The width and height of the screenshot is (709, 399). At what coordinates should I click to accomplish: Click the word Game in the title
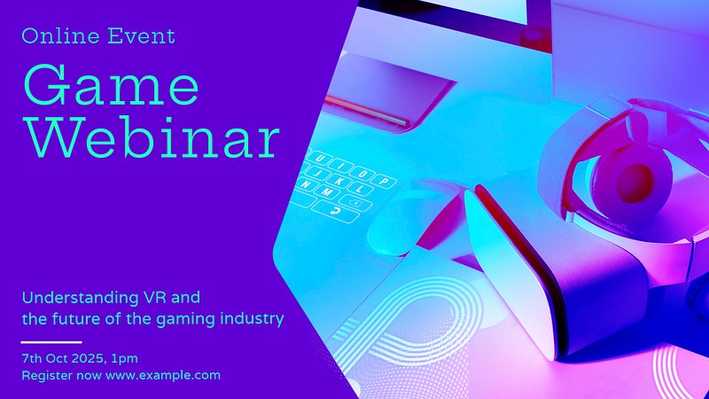(x=111, y=84)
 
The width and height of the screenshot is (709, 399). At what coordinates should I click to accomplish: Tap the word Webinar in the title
(x=152, y=136)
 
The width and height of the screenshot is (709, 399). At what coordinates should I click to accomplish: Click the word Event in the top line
(x=141, y=36)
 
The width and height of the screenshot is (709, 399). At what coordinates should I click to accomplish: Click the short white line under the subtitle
(x=51, y=342)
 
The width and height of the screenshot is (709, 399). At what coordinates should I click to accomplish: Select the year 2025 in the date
(x=88, y=358)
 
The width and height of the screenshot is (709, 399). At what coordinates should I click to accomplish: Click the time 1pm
(x=124, y=359)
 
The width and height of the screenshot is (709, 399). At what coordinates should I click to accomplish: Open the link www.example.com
(x=163, y=375)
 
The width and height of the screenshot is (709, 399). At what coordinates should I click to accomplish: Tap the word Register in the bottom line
(x=47, y=375)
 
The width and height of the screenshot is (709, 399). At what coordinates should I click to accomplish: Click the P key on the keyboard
(x=384, y=182)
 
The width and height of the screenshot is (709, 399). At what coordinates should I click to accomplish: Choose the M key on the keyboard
(x=327, y=192)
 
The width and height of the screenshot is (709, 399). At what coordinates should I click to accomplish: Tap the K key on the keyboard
(x=338, y=181)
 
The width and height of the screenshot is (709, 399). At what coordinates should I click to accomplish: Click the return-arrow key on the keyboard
(x=336, y=211)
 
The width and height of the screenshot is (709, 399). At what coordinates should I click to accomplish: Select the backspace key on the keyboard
(x=355, y=203)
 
